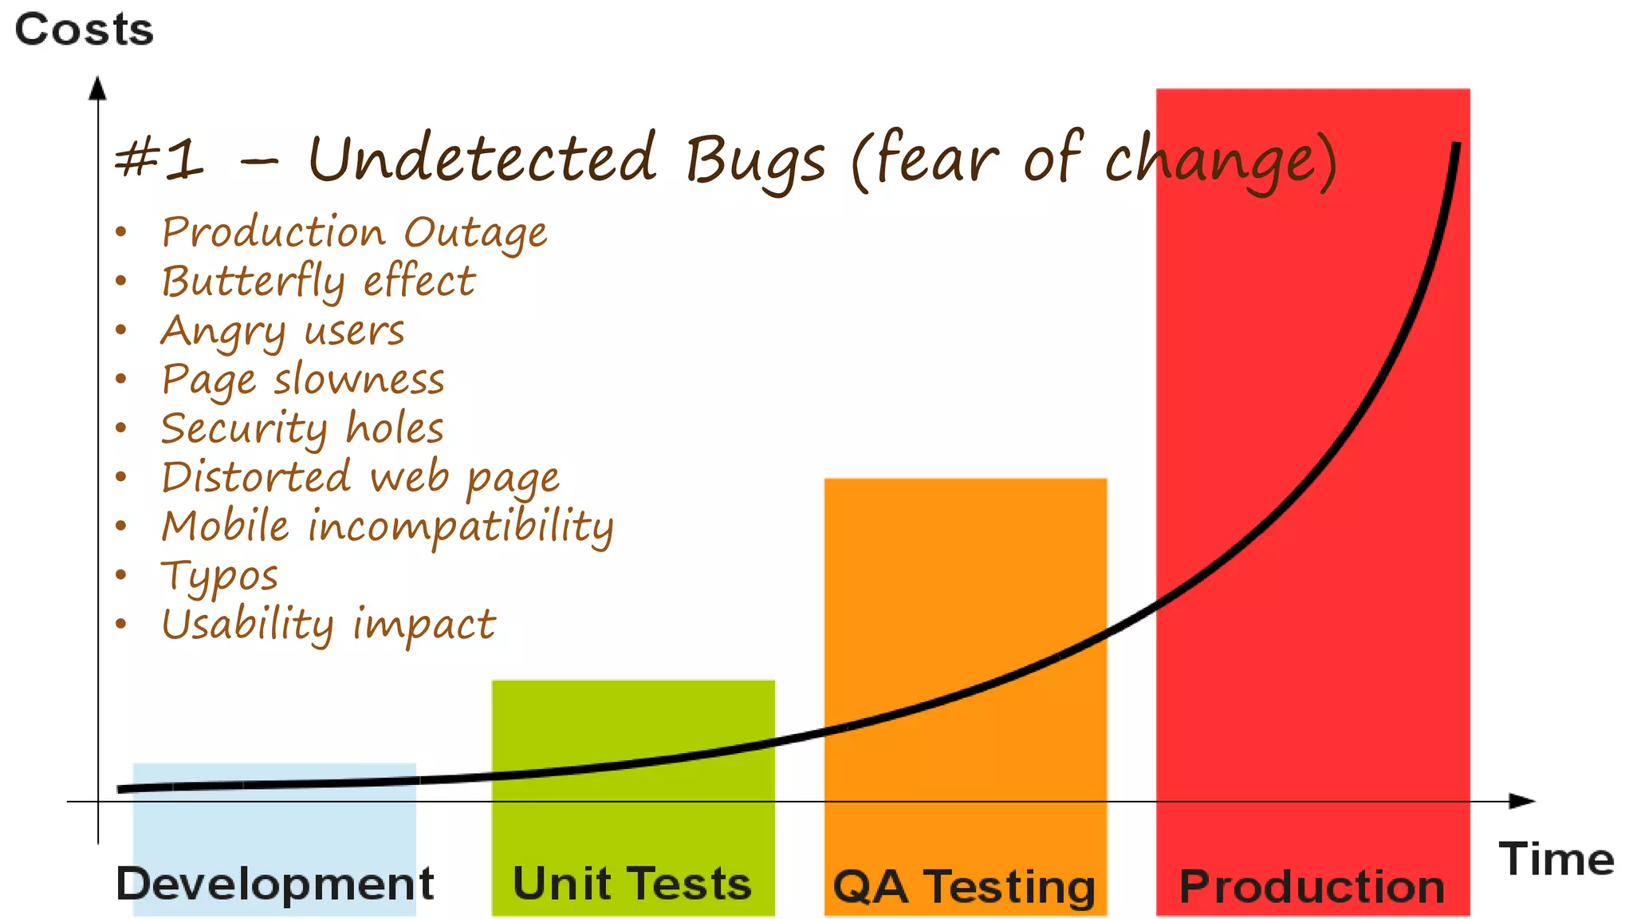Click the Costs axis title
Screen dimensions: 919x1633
[84, 30]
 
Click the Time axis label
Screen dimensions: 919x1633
[1556, 859]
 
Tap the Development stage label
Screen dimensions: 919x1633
[274, 884]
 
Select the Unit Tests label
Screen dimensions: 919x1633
[632, 884]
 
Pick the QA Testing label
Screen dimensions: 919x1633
[964, 887]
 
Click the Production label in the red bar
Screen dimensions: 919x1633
[1312, 887]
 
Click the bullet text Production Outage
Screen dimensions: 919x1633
[354, 233]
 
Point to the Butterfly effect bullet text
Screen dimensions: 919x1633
[318, 282]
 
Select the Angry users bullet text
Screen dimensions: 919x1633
[282, 331]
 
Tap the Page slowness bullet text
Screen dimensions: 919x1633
[303, 380]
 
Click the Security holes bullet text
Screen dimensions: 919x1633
[302, 429]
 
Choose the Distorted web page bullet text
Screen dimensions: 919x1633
[360, 478]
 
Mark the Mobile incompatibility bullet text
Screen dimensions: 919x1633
[388, 527]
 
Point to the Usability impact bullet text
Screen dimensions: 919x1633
[329, 625]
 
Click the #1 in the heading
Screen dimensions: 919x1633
[159, 158]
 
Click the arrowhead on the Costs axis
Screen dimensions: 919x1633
[97, 88]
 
